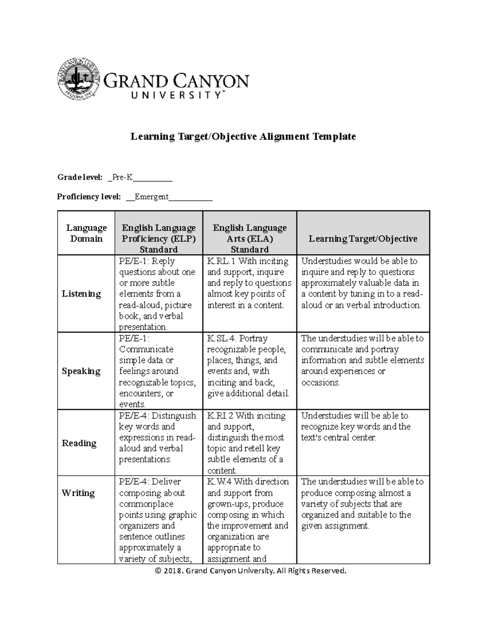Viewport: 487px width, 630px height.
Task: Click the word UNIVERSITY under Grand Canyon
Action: [176, 95]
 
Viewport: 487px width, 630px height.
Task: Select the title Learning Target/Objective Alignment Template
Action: [243, 136]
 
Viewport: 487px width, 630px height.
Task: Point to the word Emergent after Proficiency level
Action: [151, 197]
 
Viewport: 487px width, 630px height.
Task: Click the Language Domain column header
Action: [86, 233]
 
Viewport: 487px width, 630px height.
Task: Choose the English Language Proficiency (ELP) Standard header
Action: [159, 239]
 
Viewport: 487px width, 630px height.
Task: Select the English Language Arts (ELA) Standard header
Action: [250, 239]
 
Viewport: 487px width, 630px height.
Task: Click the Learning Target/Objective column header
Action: [363, 239]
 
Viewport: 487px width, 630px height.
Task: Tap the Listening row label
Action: [81, 294]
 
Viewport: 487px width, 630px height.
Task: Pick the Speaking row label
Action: [81, 371]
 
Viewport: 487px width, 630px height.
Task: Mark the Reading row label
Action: [79, 443]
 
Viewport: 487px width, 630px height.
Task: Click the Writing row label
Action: [78, 493]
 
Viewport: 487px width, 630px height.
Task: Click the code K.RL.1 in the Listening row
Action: [222, 261]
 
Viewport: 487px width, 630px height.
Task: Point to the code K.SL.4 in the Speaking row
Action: [222, 338]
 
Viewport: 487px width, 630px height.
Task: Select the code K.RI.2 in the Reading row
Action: [221, 416]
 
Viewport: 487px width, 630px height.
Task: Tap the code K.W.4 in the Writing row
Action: [220, 482]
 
